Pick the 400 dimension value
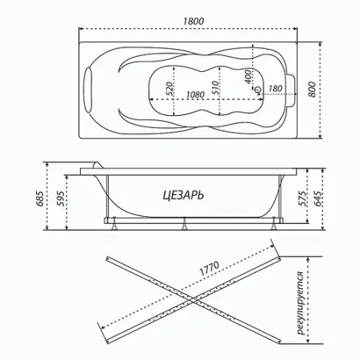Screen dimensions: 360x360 tap(249, 78)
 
